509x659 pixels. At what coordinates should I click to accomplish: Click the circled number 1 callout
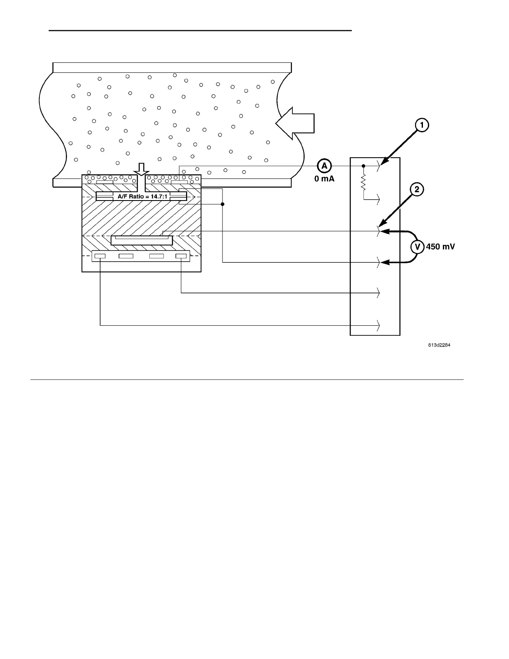tap(422, 125)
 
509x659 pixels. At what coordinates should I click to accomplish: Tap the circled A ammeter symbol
tap(324, 166)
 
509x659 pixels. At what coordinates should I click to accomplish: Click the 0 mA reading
tap(324, 179)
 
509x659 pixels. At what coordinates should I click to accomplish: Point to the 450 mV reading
tap(440, 247)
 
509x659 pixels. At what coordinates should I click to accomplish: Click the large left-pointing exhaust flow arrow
tap(295, 123)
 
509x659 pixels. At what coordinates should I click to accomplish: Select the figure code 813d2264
tap(440, 345)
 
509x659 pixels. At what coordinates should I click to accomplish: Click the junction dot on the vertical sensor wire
tap(222, 204)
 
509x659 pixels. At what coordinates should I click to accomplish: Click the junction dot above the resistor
tap(363, 166)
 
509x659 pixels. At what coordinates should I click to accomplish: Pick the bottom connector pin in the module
tap(378, 325)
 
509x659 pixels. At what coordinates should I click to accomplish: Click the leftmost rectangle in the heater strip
tap(100, 256)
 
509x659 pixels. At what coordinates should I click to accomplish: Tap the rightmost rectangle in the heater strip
tap(181, 256)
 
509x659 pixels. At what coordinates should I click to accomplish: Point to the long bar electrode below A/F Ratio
tap(142, 240)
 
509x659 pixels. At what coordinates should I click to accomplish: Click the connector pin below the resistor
tap(378, 199)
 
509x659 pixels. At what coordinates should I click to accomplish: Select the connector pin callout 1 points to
tap(378, 166)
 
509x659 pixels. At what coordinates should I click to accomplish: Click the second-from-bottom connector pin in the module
tap(378, 293)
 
